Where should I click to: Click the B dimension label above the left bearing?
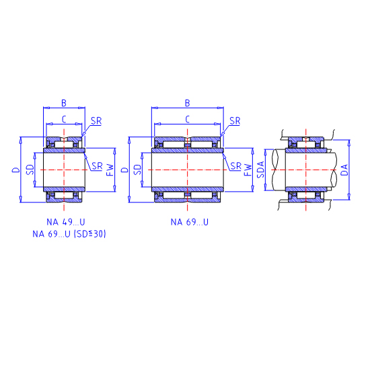(64, 103)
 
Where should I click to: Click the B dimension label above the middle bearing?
(187, 103)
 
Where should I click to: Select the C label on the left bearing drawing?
(64, 119)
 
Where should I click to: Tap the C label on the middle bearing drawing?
(188, 119)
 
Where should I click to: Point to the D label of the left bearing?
(16, 170)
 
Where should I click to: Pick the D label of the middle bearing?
(124, 170)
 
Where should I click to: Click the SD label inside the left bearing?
(30, 170)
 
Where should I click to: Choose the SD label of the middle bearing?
(137, 170)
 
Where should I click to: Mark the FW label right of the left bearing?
(110, 170)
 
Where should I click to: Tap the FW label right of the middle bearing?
(248, 170)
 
